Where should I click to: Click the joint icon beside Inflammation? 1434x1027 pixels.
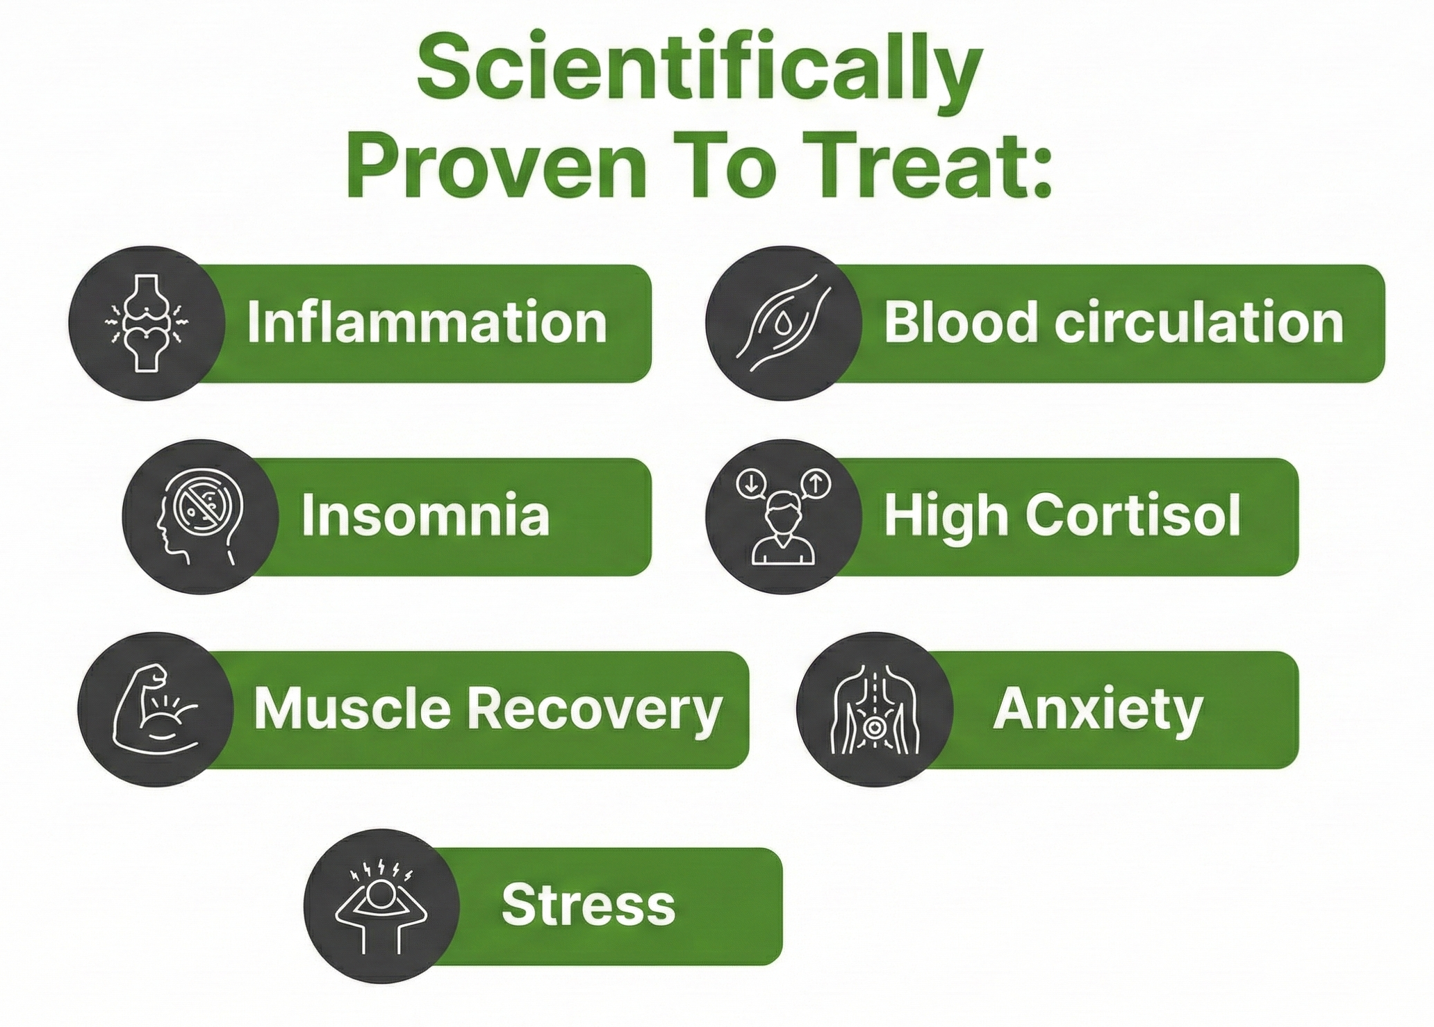pos(146,324)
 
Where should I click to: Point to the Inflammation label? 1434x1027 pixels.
pos(427,323)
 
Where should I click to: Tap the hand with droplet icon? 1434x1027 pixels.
pos(784,323)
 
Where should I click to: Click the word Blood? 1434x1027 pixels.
pos(961,323)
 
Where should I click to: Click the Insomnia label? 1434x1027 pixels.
pos(425,516)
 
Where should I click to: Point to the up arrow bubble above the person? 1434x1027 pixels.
pos(816,483)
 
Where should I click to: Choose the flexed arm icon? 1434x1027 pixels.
pos(155,709)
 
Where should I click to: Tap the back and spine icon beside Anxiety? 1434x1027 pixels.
pos(875,710)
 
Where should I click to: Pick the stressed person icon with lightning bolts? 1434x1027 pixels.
pos(381,907)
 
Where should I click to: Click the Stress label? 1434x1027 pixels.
pos(588,905)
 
